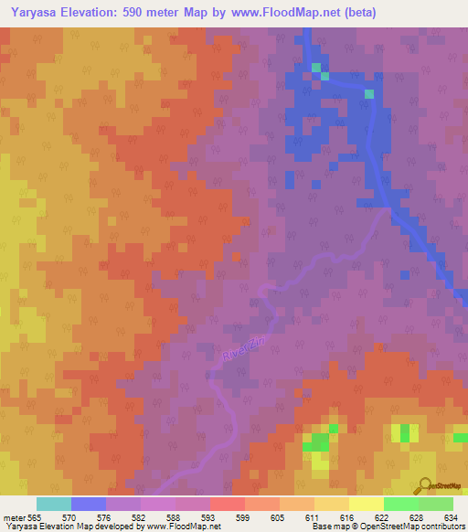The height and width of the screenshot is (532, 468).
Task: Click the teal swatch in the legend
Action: [x=54, y=504]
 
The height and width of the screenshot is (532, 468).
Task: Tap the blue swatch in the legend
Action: [x=89, y=504]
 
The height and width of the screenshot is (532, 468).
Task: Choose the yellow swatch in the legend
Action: [x=366, y=504]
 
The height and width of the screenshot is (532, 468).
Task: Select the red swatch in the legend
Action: [x=227, y=504]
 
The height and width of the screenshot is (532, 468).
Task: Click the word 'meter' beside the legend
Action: [x=15, y=517]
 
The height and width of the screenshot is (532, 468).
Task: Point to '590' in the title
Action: [x=141, y=13]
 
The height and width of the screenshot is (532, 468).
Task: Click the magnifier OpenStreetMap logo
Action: [x=425, y=485]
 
